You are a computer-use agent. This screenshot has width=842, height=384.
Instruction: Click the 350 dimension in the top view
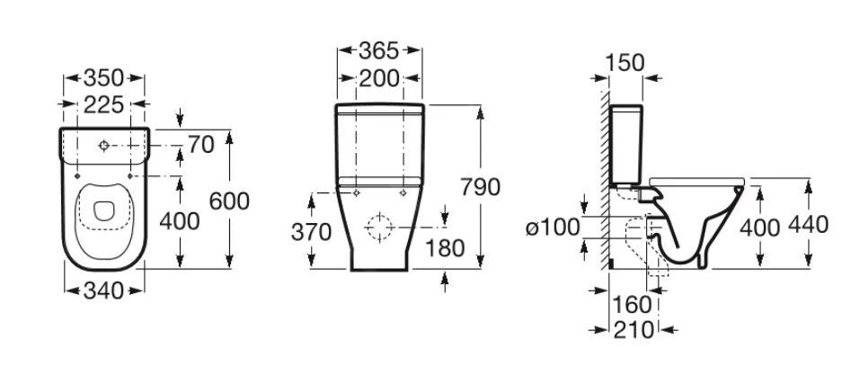pyautogui.click(x=103, y=78)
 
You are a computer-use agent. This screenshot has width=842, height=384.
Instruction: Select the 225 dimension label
pyautogui.click(x=103, y=104)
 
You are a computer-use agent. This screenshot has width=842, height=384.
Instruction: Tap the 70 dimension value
pyautogui.click(x=200, y=145)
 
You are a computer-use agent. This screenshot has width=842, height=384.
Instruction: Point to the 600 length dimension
pyautogui.click(x=229, y=201)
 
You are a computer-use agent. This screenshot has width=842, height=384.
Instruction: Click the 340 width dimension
pyautogui.click(x=103, y=291)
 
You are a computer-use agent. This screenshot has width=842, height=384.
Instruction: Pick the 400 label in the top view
pyautogui.click(x=180, y=221)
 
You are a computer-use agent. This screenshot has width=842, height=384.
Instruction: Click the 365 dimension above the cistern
pyautogui.click(x=379, y=50)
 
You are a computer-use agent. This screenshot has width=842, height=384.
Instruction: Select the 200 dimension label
pyautogui.click(x=379, y=78)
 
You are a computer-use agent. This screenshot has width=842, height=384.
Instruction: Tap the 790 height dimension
pyautogui.click(x=480, y=187)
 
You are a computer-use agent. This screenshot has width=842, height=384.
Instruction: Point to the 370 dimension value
pyautogui.click(x=311, y=233)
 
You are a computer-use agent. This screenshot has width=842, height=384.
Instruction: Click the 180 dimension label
pyautogui.click(x=445, y=249)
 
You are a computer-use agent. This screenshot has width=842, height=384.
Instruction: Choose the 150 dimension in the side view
pyautogui.click(x=625, y=63)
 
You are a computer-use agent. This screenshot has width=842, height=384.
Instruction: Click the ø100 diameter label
pyautogui.click(x=553, y=228)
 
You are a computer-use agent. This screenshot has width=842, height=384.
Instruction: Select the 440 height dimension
pyautogui.click(x=808, y=225)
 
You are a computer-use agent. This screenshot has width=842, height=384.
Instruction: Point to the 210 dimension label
pyautogui.click(x=634, y=330)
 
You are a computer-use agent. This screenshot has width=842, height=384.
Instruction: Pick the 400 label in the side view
pyautogui.click(x=760, y=228)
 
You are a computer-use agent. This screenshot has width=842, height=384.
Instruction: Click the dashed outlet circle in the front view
pyautogui.click(x=379, y=227)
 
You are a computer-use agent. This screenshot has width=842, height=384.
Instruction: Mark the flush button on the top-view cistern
pyautogui.click(x=103, y=145)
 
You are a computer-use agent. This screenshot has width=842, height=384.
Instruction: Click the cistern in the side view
pyautogui.click(x=626, y=144)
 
